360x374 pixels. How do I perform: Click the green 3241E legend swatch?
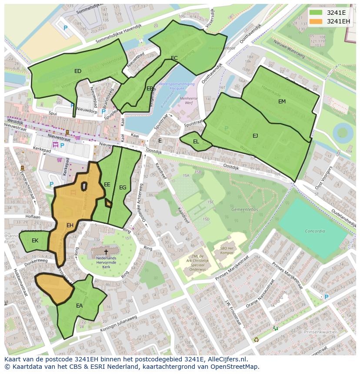316,12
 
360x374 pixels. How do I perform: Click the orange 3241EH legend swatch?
316,21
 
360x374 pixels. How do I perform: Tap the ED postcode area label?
78,71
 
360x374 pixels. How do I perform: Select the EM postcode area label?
282,101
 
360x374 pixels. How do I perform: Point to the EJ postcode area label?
255,136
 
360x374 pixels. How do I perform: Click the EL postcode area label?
196,142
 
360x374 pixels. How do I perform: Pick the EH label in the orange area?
70,225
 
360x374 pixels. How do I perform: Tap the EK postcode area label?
35,241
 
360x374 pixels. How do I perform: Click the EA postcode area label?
80,306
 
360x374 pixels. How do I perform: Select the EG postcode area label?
123,188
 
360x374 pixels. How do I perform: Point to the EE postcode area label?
107,185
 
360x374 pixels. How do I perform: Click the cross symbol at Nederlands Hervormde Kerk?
106,252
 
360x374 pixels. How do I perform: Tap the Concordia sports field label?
315,231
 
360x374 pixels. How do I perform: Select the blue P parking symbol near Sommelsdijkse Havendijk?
66,28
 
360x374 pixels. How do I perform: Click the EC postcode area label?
174,58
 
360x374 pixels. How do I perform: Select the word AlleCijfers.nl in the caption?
226,359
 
